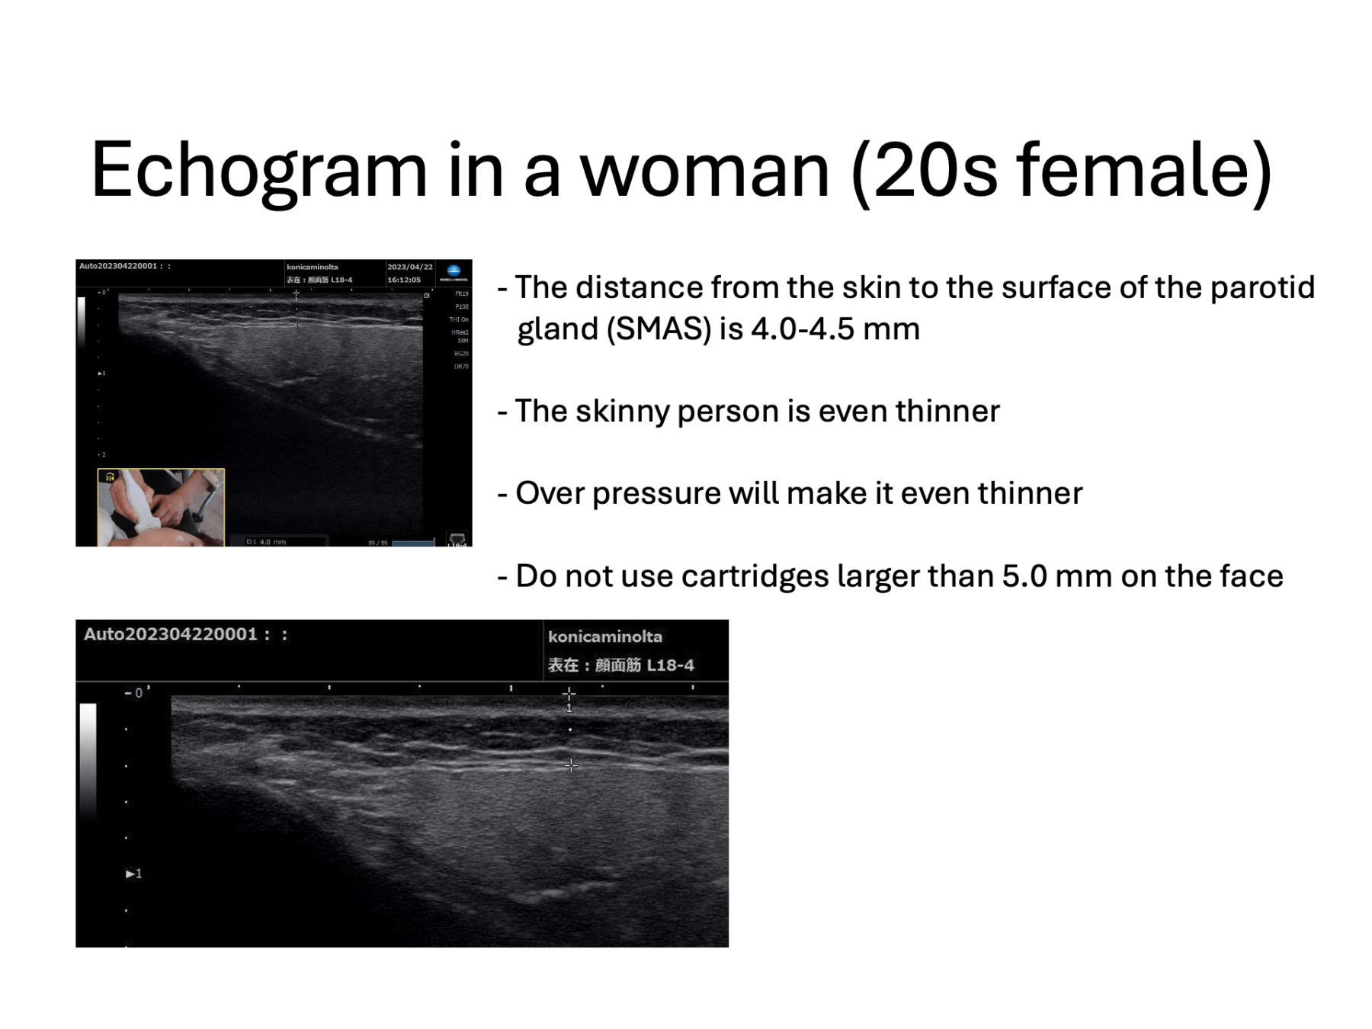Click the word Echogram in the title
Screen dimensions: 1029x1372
click(258, 171)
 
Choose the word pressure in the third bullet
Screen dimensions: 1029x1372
click(656, 494)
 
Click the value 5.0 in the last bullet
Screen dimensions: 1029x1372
click(1024, 576)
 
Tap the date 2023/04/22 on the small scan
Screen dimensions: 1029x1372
click(409, 267)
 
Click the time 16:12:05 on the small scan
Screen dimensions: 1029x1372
click(404, 280)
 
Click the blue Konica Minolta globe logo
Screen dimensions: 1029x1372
click(454, 271)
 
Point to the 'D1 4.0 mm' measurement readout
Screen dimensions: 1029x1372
click(266, 542)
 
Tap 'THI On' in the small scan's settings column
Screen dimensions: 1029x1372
click(459, 319)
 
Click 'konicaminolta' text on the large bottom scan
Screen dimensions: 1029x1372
click(604, 636)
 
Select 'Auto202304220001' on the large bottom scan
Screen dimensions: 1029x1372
click(170, 634)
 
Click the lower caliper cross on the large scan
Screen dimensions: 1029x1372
click(571, 765)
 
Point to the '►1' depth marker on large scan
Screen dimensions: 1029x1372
click(133, 874)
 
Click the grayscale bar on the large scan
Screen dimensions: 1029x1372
click(88, 758)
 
